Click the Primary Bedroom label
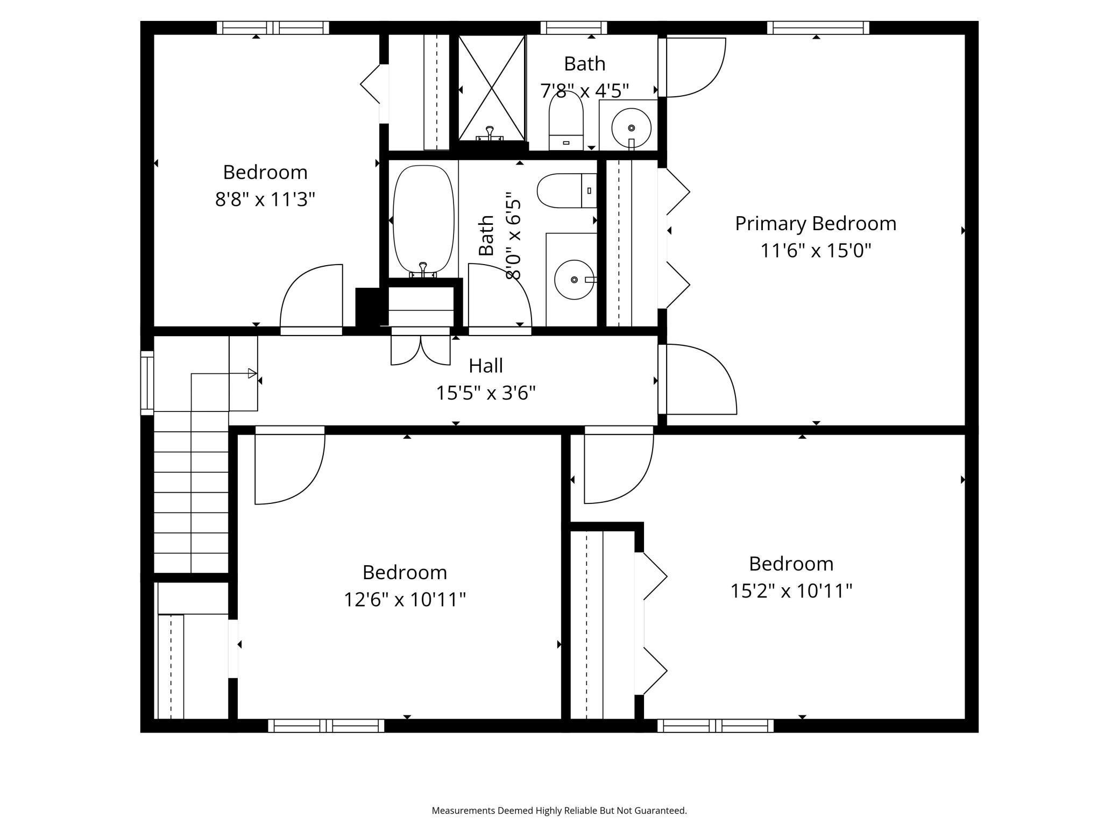coord(816,223)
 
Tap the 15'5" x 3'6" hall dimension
coord(486,393)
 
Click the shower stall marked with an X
coord(491,87)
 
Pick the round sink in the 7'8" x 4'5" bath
coord(631,127)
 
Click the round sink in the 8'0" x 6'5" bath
coord(574,280)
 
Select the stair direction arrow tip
coord(253,373)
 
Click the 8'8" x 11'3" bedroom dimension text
coord(265,200)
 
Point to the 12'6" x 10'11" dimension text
coord(405,599)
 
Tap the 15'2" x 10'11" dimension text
coord(791,591)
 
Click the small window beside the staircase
coord(147,382)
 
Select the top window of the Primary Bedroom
coord(818,27)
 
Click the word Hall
coord(486,366)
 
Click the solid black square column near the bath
coord(368,306)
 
